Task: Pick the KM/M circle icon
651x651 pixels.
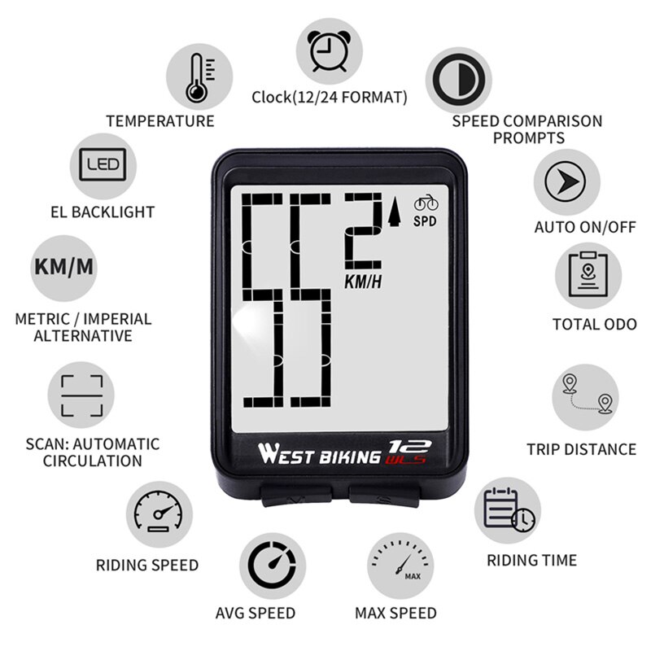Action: [64, 268]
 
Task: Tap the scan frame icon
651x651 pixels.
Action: [81, 395]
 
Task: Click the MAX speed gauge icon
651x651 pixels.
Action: [399, 567]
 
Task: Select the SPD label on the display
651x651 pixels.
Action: [425, 221]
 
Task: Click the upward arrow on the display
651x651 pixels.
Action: [396, 212]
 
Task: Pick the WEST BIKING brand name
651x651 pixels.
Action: [318, 452]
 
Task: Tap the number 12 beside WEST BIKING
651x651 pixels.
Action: [404, 446]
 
